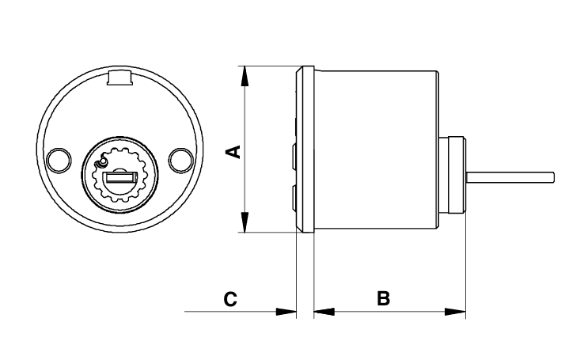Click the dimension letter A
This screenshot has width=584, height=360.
click(x=234, y=152)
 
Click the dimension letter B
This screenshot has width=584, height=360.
click(x=383, y=298)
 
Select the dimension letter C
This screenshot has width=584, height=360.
click(x=230, y=299)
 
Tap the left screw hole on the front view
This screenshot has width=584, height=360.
click(x=59, y=161)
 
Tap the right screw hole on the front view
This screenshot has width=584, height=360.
click(x=180, y=161)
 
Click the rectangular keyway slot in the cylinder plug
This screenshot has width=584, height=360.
click(x=120, y=177)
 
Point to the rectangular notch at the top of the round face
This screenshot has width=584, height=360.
click(x=119, y=77)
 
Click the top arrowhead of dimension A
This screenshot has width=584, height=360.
click(x=245, y=76)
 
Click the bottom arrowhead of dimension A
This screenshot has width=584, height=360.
click(x=245, y=222)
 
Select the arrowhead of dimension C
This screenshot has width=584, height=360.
click(x=286, y=312)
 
